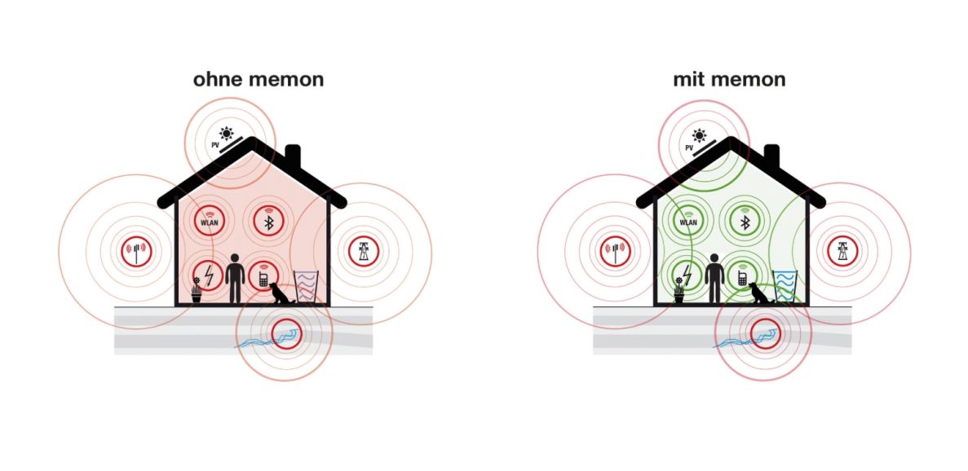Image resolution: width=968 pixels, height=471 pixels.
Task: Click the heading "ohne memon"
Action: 258,80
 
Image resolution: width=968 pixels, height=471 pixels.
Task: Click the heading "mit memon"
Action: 729,80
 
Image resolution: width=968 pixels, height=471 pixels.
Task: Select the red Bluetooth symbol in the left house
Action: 267,219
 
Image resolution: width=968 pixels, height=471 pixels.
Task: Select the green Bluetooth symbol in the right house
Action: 743,219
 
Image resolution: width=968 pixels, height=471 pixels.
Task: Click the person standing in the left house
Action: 235,277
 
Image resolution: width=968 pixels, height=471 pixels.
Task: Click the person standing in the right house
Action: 714,277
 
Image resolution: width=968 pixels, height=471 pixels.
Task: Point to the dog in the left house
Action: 281,293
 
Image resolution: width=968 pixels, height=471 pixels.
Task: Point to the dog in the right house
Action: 760,293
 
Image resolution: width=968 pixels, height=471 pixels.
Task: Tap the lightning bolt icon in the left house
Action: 209,275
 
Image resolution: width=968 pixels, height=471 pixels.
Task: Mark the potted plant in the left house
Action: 196,291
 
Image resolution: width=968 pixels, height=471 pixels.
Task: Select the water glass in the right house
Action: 785,287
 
